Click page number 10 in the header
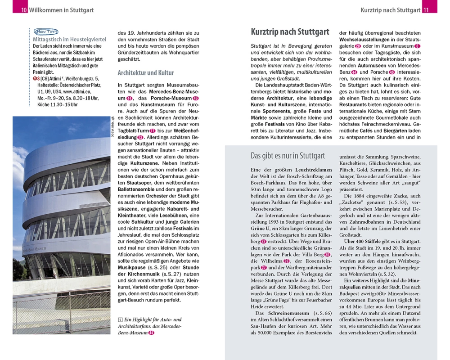pos(24,10)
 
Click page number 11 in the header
pos(427,10)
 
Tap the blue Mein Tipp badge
pos(45,31)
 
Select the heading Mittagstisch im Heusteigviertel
pos(69,40)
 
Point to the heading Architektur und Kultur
pos(145,72)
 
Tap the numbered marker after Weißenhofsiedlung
pos(140,137)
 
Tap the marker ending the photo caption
pos(151,333)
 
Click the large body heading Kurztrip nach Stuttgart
pos(290,32)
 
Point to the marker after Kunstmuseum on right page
pos(417,46)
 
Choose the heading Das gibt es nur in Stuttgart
pos(288,156)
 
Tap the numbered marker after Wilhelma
pos(287,261)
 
